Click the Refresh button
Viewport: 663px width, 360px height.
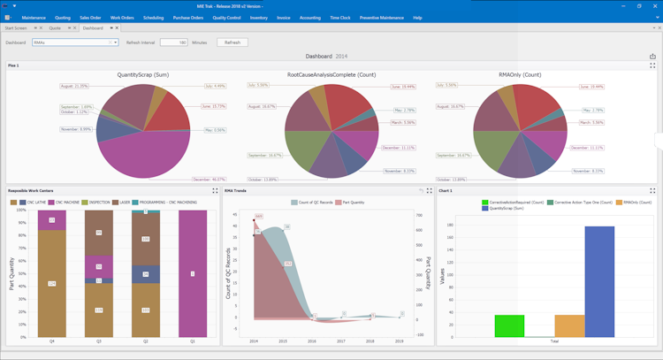click(x=232, y=42)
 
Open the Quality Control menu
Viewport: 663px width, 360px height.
click(x=227, y=18)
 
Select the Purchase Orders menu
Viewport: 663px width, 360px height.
click(x=187, y=18)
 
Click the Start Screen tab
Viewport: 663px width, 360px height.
click(x=16, y=28)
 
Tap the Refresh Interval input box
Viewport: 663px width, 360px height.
click(x=173, y=42)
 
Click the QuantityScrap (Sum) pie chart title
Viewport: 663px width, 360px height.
click(x=142, y=75)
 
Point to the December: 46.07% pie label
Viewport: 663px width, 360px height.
click(x=209, y=180)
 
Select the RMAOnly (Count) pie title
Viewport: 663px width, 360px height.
click(x=520, y=75)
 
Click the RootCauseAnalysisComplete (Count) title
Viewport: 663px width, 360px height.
click(x=332, y=75)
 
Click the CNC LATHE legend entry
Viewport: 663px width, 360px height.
click(x=33, y=203)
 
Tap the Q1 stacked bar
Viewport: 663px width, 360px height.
click(x=194, y=274)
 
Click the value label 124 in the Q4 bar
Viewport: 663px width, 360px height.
click(x=52, y=283)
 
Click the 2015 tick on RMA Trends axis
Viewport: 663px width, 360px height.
click(x=284, y=341)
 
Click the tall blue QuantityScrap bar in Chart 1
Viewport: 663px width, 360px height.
click(x=599, y=281)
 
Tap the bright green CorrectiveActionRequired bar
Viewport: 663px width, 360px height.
click(x=509, y=326)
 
